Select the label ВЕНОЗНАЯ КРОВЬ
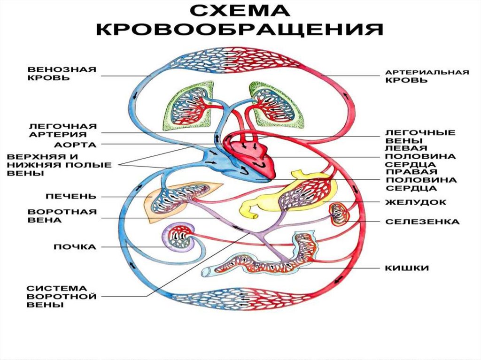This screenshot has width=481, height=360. [x=61, y=74]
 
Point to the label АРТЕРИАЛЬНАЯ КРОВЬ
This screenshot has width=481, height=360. [x=427, y=77]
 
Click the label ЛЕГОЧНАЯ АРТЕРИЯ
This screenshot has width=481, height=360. [x=62, y=130]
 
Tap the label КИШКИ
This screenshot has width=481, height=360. [x=407, y=268]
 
